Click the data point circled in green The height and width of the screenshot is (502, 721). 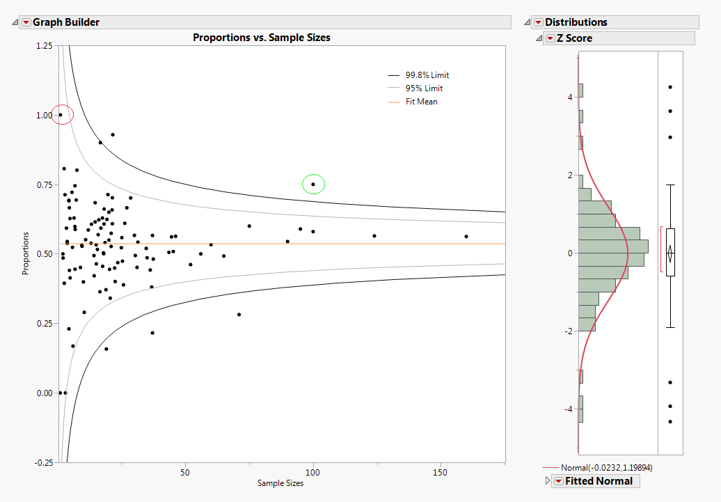(313, 185)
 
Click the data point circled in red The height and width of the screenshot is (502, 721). (61, 114)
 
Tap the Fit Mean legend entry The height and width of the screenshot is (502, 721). (421, 102)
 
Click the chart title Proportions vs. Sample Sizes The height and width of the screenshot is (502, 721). (261, 38)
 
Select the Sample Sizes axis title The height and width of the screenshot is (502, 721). (280, 483)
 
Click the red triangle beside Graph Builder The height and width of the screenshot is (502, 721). (26, 22)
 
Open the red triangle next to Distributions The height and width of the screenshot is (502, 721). (538, 22)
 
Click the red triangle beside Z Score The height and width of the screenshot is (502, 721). (550, 38)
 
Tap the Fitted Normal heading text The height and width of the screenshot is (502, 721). (599, 481)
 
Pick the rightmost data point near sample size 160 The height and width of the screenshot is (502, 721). (466, 236)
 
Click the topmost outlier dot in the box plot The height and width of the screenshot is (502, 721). (670, 87)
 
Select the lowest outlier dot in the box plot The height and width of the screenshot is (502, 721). (670, 421)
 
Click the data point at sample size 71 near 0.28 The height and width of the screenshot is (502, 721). (239, 314)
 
